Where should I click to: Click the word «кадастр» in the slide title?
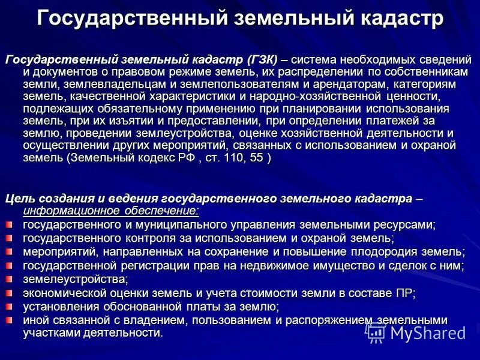(395, 18)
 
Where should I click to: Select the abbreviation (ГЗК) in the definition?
(262, 60)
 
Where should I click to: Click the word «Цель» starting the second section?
(20, 199)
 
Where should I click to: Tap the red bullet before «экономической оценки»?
(9, 292)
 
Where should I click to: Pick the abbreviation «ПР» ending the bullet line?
(404, 292)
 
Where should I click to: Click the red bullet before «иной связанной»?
(9, 319)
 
